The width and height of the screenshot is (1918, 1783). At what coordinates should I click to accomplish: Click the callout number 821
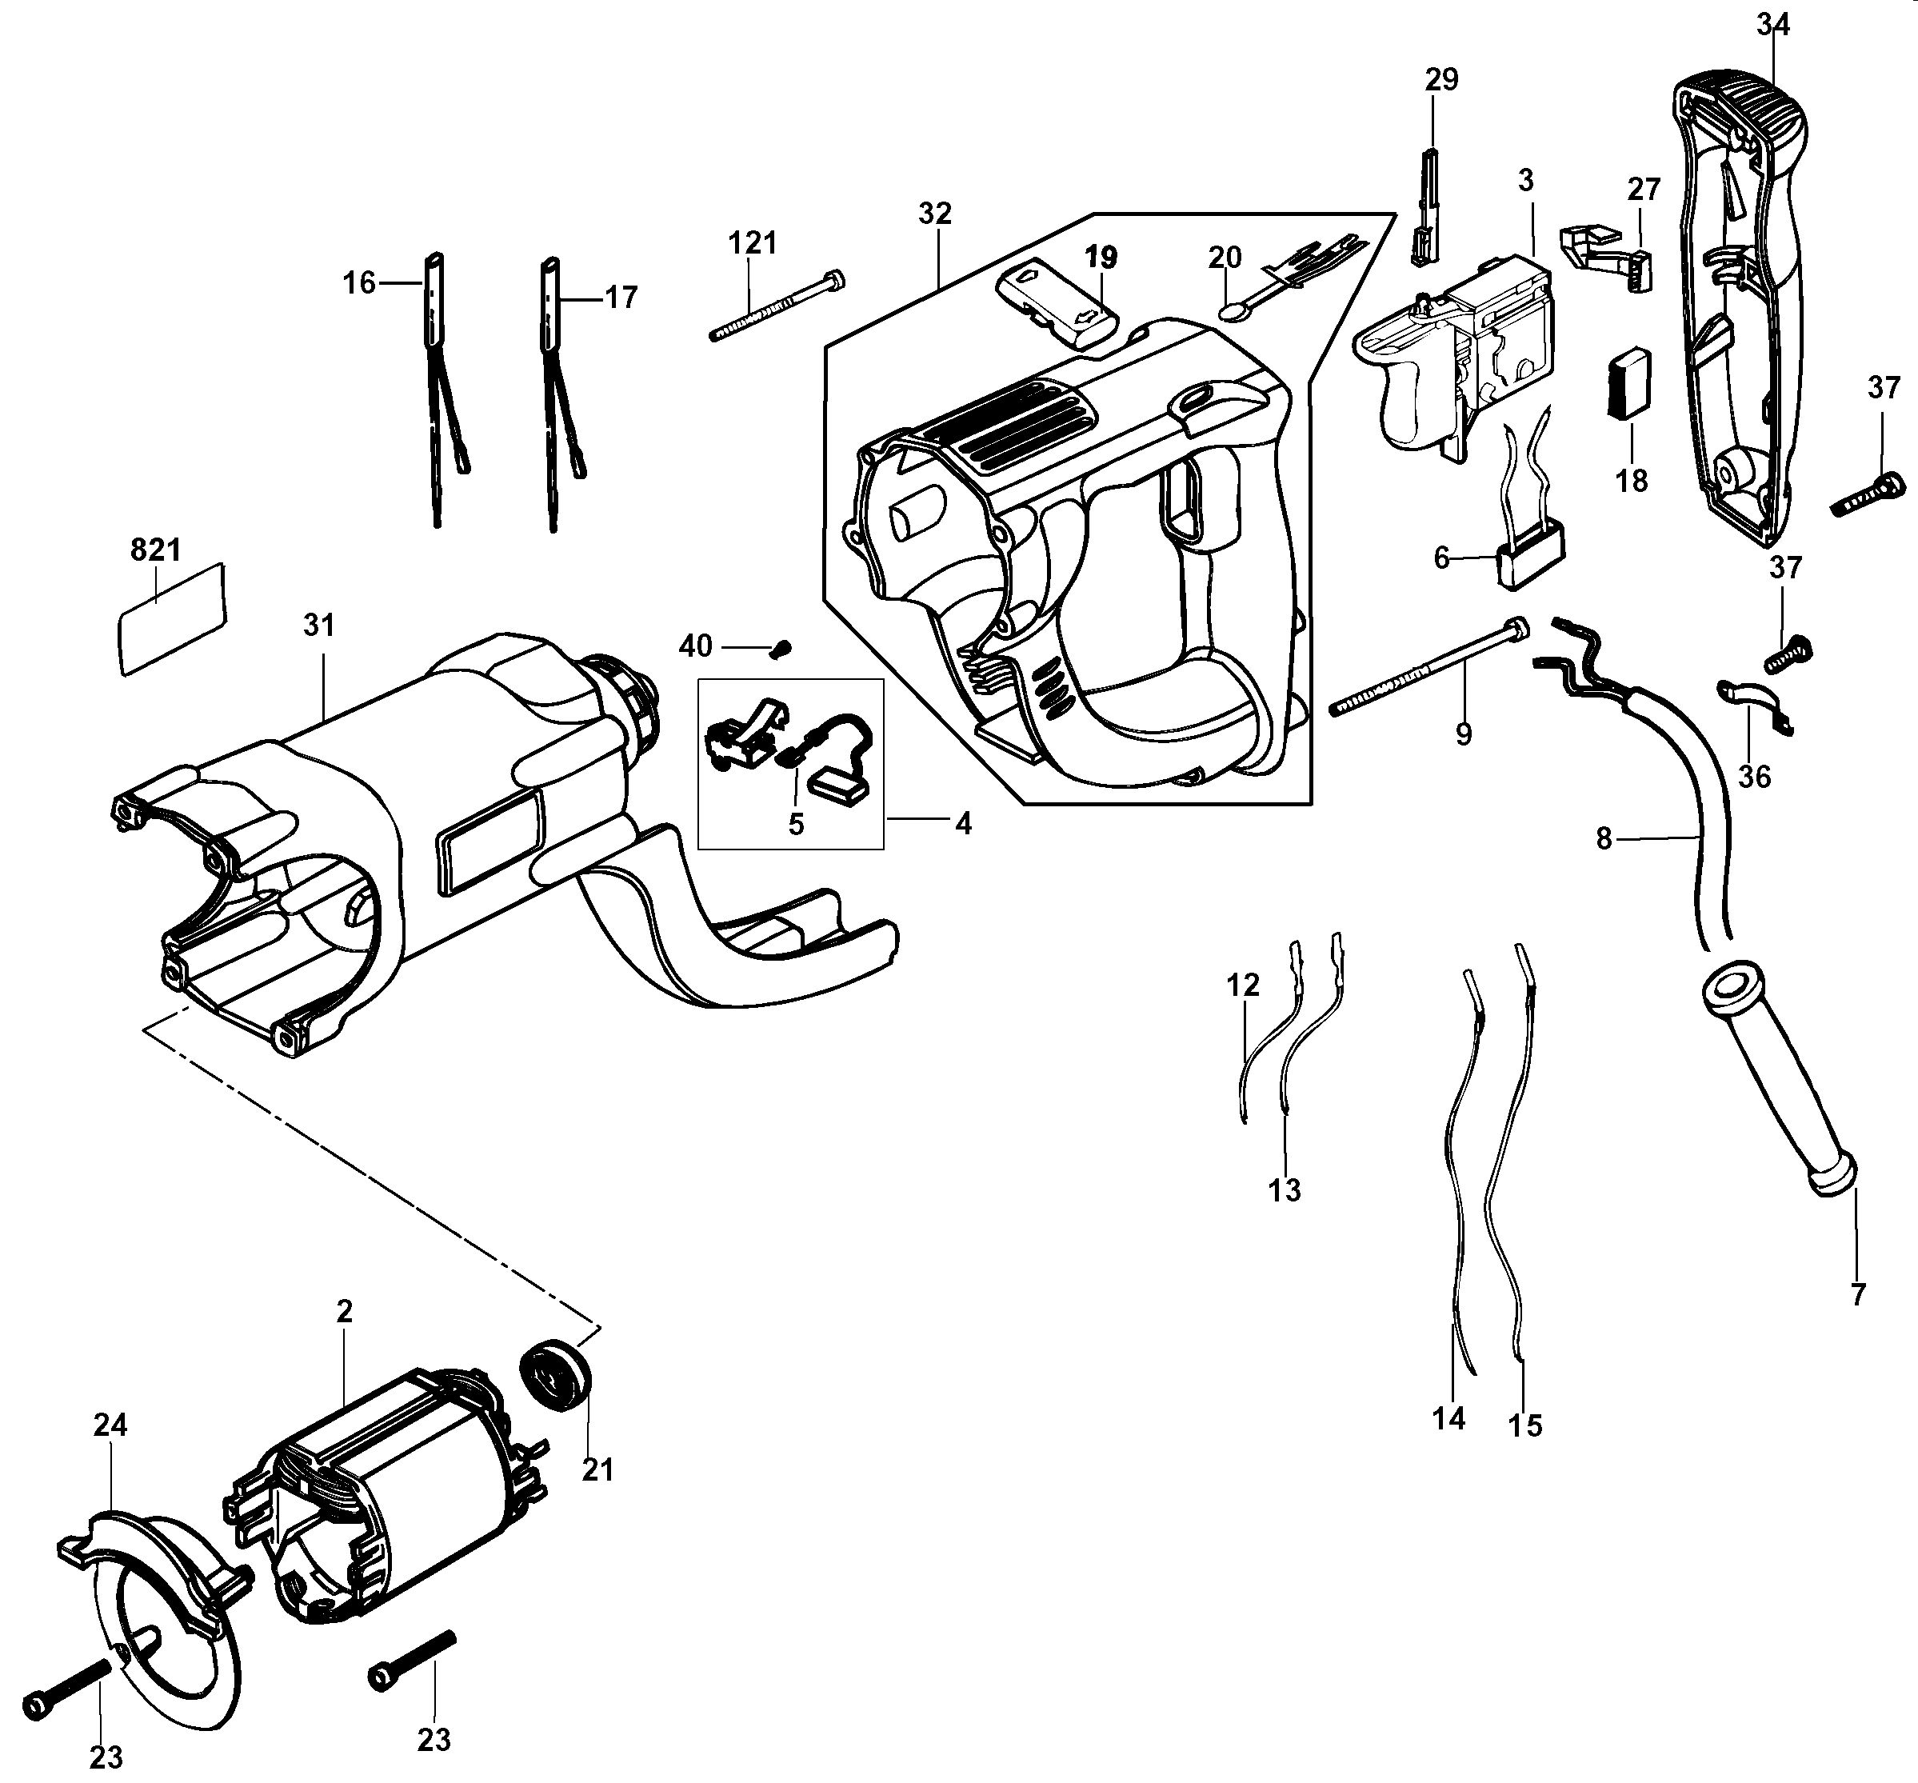tap(155, 550)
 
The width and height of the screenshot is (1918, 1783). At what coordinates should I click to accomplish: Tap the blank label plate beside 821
tap(172, 619)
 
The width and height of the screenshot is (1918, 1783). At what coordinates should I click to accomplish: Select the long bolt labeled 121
tap(777, 308)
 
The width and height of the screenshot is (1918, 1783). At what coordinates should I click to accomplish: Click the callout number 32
tap(934, 214)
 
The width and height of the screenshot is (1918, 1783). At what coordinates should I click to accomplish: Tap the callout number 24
tap(110, 1425)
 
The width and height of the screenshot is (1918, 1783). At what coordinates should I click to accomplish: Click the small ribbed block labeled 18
tap(1629, 382)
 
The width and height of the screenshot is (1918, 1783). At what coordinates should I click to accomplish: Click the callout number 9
tap(1464, 735)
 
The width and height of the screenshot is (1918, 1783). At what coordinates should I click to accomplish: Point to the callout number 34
tap(1772, 24)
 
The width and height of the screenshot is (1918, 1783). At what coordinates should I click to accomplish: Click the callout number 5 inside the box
tap(795, 824)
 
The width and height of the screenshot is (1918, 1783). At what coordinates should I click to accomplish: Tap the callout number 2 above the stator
tap(345, 1311)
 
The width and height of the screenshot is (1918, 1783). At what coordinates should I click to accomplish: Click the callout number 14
tap(1448, 1418)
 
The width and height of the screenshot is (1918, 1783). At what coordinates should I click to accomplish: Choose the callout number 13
tap(1285, 1190)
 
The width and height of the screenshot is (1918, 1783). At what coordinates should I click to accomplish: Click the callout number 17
tap(621, 298)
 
